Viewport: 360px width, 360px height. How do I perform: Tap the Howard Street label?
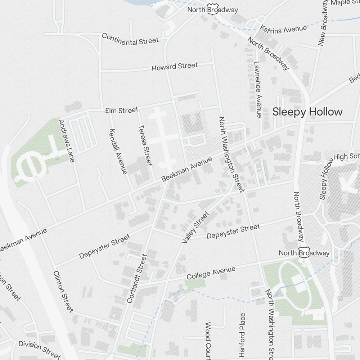[x=175, y=67]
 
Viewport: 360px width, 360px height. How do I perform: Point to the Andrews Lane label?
[x=66, y=141]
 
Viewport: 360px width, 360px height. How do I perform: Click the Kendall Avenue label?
[x=118, y=151]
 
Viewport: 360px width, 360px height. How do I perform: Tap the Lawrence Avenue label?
[x=257, y=89]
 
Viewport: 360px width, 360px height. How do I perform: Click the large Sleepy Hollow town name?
[x=307, y=112]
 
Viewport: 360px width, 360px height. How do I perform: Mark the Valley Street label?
[x=195, y=228]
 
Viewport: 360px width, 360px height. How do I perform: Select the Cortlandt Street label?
[x=137, y=278]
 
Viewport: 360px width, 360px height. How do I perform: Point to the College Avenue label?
[x=211, y=273]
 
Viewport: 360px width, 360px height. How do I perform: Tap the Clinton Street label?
[x=63, y=291]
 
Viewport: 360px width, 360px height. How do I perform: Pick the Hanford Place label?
[x=242, y=333]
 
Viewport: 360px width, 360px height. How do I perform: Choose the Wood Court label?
[x=208, y=340]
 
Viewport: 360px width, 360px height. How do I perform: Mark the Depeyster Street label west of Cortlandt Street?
[x=104, y=247]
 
